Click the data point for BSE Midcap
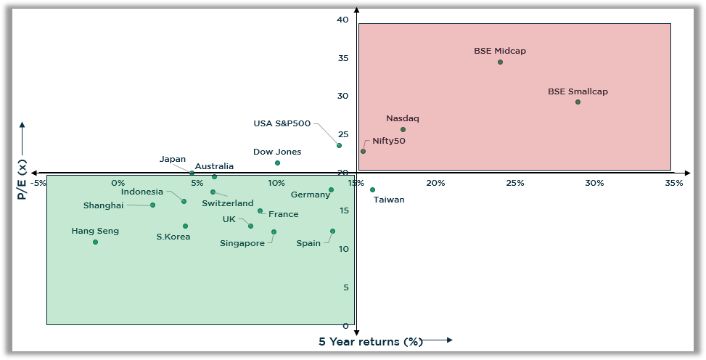500,62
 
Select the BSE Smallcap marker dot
578,102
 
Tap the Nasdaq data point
403,129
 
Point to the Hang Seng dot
95,242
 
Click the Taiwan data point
372,189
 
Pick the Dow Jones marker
277,163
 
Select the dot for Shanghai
152,205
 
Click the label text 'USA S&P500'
282,123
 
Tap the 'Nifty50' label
389,141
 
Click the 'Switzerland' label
228,203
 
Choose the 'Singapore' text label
242,243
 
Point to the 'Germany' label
311,195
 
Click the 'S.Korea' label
173,237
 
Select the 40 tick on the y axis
342,20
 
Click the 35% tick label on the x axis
674,183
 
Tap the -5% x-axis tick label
38,183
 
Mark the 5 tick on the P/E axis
345,287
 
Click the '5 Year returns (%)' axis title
370,342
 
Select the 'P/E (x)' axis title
22,181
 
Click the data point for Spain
332,231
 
